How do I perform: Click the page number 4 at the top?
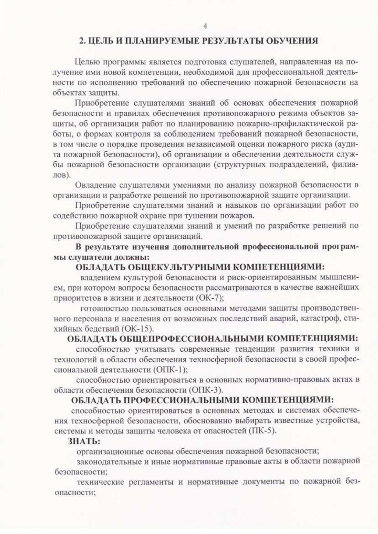click(205, 26)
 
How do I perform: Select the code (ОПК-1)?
click(171, 370)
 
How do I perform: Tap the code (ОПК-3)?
click(206, 390)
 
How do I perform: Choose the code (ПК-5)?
click(262, 431)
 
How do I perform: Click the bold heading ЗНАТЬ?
click(84, 441)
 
